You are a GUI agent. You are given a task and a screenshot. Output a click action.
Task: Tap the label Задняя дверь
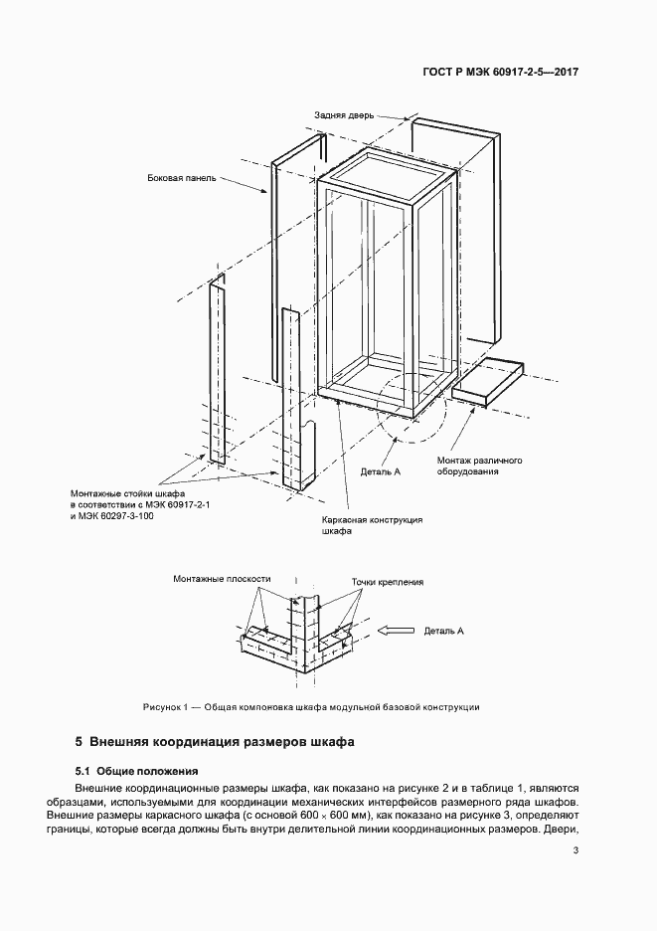click(x=344, y=115)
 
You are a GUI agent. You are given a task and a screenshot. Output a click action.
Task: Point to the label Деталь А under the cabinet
click(x=381, y=471)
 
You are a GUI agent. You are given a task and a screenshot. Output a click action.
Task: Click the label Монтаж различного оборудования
click(x=479, y=465)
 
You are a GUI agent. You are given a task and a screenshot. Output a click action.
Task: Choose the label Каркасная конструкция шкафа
click(x=372, y=525)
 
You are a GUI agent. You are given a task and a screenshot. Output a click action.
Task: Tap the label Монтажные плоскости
click(x=222, y=578)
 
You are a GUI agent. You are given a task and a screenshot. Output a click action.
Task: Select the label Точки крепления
click(x=388, y=582)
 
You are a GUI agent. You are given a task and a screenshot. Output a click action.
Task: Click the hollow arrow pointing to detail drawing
click(x=396, y=631)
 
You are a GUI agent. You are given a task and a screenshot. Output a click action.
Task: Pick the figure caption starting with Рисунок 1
click(x=311, y=707)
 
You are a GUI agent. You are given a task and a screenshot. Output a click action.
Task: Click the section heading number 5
click(x=79, y=742)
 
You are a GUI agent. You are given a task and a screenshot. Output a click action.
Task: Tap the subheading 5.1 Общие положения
click(x=136, y=771)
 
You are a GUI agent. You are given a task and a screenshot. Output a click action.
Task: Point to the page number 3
click(x=575, y=850)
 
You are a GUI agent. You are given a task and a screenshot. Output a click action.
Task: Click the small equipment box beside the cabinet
click(x=488, y=382)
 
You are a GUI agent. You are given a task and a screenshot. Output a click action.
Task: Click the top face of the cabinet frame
click(x=387, y=177)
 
